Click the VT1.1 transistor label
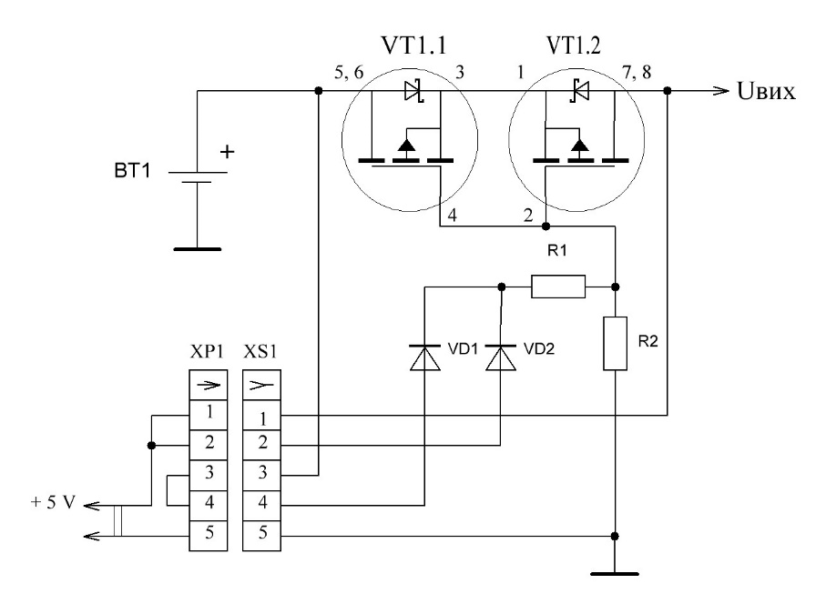pos(413,45)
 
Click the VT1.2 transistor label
pos(573,45)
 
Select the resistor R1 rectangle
pos(558,287)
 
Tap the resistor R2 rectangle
pos(615,344)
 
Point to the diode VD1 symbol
pos(424,357)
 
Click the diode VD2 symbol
pos(501,357)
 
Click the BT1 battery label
pos(132,171)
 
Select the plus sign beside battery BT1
pos(227,152)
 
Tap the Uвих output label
pos(766,92)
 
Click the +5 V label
pos(53,502)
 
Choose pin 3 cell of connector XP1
pos(208,475)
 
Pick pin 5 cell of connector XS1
pos(261,536)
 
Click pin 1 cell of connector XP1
pos(208,415)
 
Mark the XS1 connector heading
pos(260,351)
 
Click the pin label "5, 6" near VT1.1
pos(349,72)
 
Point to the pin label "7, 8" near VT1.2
pos(637,72)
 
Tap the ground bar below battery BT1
pos(198,249)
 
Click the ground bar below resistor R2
pos(615,573)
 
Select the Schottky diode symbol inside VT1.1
pos(414,91)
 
